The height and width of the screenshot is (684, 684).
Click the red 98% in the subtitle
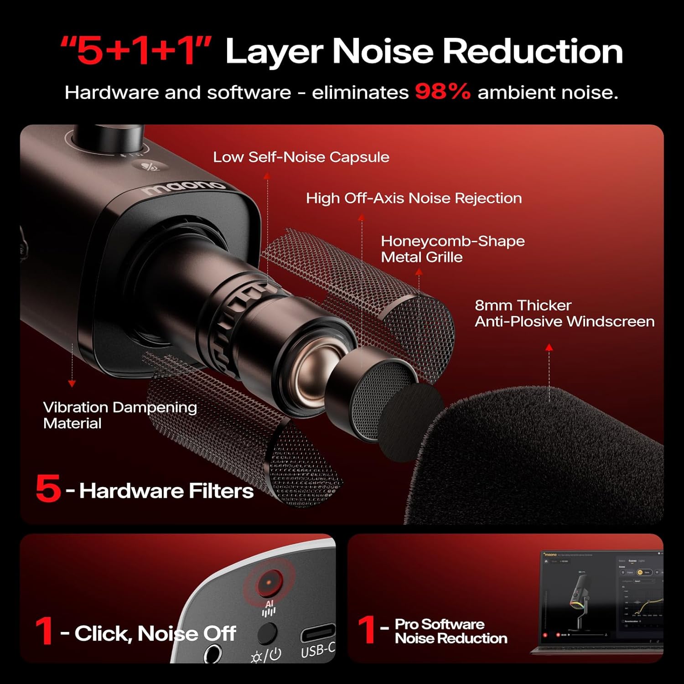point(442,92)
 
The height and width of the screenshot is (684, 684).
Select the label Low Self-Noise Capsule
point(301,157)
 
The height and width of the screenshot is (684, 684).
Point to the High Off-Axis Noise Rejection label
point(414,198)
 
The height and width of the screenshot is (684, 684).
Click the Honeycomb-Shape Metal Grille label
point(452,249)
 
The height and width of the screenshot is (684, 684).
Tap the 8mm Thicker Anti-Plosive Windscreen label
point(564,313)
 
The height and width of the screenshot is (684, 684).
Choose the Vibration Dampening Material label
point(119,415)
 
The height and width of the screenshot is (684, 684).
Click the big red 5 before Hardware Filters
point(48,488)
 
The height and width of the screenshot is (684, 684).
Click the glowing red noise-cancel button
point(269,582)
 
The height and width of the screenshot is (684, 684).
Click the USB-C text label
point(317,650)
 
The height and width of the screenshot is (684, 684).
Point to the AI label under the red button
point(269,604)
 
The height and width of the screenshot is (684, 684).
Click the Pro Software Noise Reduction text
point(451,631)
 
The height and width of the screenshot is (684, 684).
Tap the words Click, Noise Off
point(155,633)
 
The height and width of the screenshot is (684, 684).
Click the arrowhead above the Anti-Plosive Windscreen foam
point(549,347)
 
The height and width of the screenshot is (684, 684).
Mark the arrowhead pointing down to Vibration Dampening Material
point(72,384)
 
